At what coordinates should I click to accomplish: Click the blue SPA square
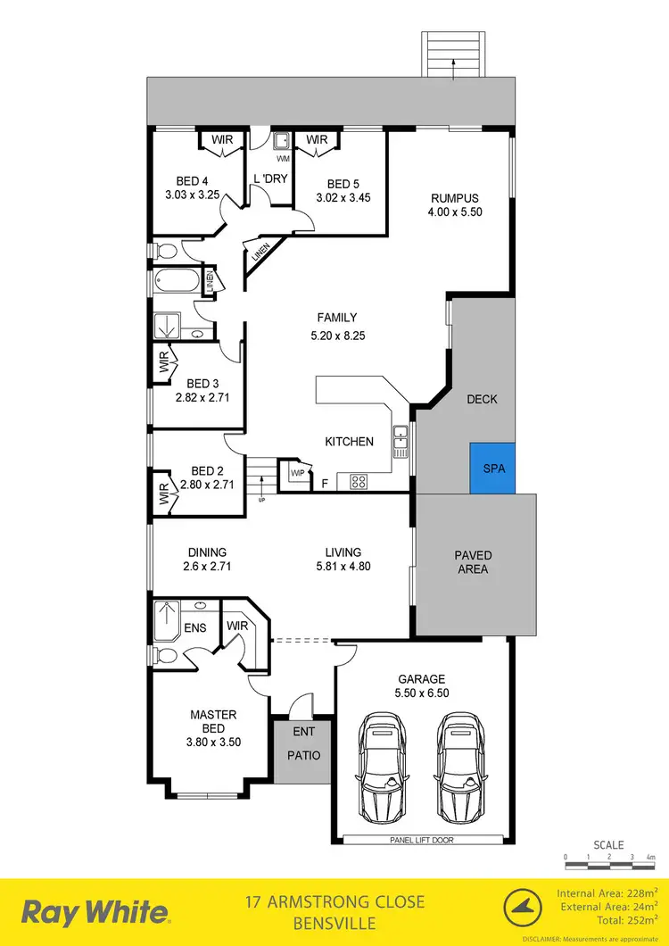(493, 468)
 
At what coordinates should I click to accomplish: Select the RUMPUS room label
(455, 198)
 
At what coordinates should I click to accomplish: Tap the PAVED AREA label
(472, 561)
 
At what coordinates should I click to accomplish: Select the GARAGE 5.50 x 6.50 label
(423, 685)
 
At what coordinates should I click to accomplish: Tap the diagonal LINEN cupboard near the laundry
(261, 253)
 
